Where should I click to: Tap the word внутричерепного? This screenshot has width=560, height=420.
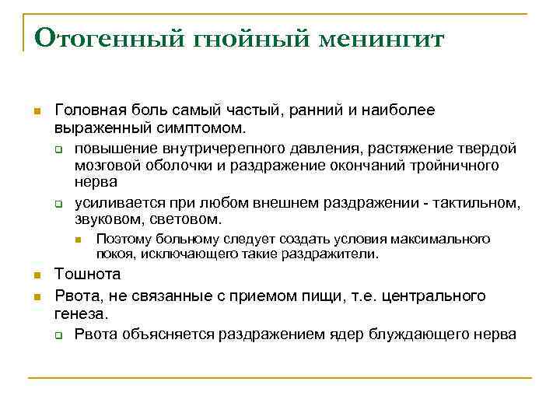220,148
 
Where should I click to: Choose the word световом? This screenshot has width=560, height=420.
190,219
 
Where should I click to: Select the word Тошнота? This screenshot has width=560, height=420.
88,275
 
